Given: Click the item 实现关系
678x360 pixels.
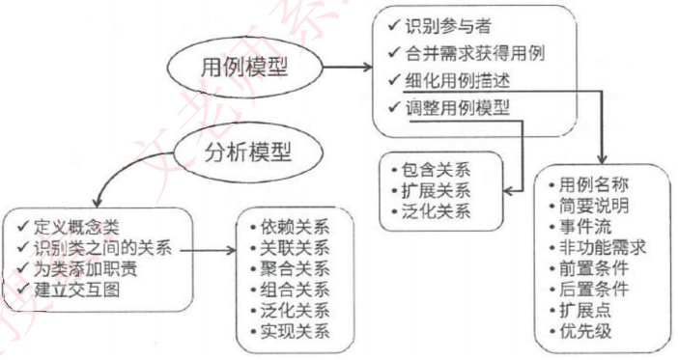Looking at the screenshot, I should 295,333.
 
